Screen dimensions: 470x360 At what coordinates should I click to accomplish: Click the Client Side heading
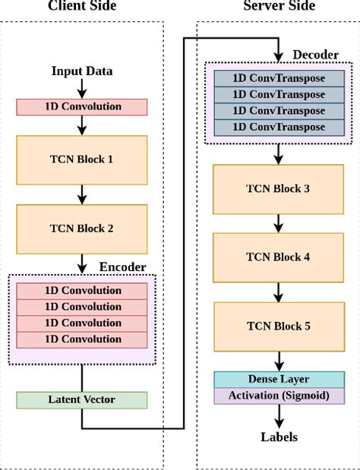click(x=81, y=7)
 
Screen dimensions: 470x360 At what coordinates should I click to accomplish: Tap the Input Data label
click(x=82, y=71)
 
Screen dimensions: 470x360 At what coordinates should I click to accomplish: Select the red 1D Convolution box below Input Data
click(x=82, y=106)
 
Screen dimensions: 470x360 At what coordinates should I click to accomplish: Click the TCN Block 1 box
click(x=82, y=159)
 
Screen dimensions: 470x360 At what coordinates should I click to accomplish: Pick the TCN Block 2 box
click(x=82, y=228)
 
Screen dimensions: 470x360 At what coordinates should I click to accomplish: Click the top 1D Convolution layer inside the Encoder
click(x=82, y=291)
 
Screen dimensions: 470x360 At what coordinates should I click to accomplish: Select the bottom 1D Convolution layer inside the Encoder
click(x=82, y=339)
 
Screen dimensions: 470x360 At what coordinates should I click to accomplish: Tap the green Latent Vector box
click(x=82, y=399)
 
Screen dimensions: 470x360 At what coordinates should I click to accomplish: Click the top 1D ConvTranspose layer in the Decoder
click(x=278, y=78)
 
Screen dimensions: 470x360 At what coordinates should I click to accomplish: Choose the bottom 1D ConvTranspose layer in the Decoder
click(x=278, y=126)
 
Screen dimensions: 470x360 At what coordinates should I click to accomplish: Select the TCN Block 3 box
click(x=278, y=188)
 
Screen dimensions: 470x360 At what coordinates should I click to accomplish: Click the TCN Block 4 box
click(x=278, y=257)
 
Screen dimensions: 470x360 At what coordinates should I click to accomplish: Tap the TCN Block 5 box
click(x=278, y=326)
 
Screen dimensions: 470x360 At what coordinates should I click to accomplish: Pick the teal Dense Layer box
click(x=278, y=379)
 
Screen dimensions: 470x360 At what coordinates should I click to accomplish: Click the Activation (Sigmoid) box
click(x=278, y=396)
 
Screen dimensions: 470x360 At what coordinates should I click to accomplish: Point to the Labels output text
click(x=278, y=437)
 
